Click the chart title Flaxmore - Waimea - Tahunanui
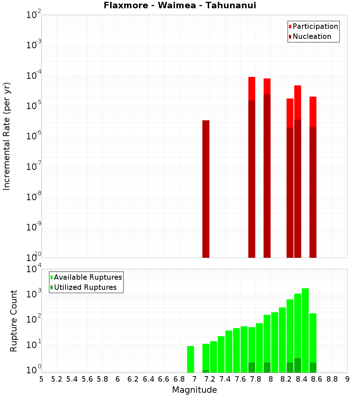tap(180, 6)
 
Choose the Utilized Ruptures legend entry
tap(85, 287)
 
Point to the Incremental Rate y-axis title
tap(7, 136)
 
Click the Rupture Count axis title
tap(14, 321)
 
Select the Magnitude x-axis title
tap(194, 390)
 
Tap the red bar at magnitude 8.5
tap(313, 112)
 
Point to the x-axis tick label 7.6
tap(240, 379)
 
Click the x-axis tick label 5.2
tap(57, 379)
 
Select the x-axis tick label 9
tap(347, 379)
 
